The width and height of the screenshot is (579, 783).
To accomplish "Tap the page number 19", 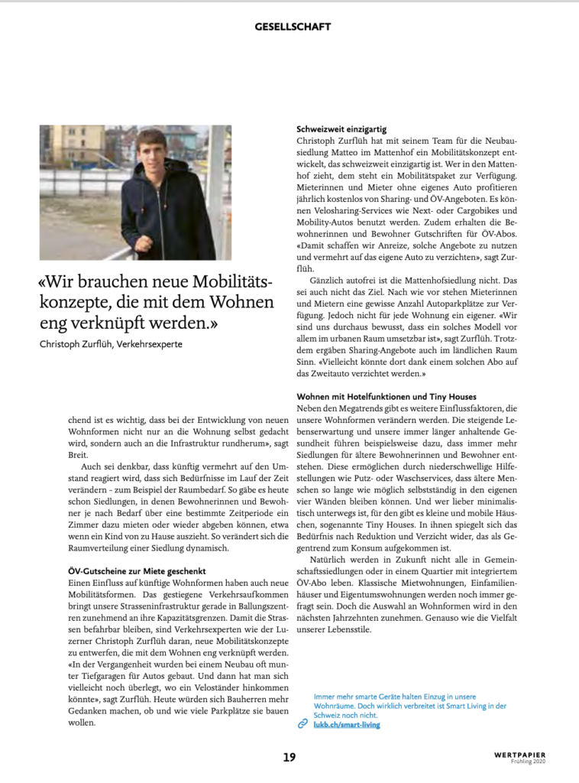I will tap(289, 757).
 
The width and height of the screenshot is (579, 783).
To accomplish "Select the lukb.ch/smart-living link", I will tap(347, 723).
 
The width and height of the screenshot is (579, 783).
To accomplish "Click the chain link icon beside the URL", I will tap(303, 723).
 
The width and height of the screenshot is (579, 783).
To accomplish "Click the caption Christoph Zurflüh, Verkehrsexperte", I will tap(111, 343).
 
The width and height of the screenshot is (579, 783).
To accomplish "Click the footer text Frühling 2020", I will tap(529, 762).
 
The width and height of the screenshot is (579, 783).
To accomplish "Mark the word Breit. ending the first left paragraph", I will tap(79, 454).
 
